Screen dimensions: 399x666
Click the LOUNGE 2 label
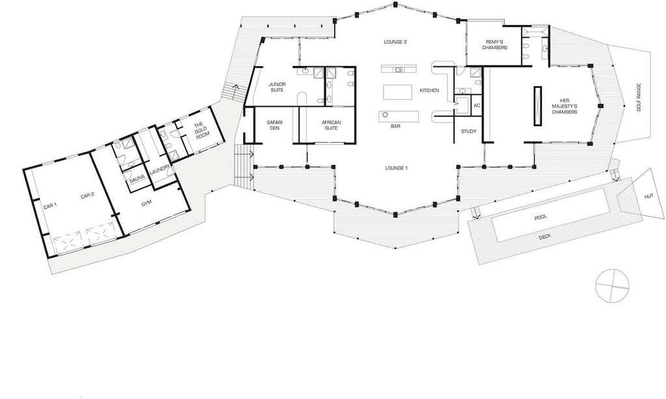pos(395,42)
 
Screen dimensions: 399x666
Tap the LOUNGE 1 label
pos(395,168)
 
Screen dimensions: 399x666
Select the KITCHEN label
pos(430,90)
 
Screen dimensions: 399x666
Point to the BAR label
pos(395,126)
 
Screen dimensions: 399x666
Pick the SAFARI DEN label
pos(273,125)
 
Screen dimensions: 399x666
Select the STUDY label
pos(469,132)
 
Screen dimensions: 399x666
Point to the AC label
pos(477,105)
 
